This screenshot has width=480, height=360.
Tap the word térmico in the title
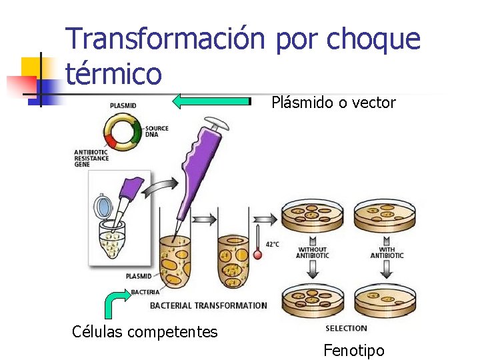click(114, 73)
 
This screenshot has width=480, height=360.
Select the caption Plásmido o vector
click(333, 103)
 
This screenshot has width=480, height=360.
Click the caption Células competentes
click(145, 331)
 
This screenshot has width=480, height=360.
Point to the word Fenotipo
click(354, 350)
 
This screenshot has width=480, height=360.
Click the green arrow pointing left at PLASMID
click(211, 101)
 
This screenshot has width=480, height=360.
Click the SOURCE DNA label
click(157, 131)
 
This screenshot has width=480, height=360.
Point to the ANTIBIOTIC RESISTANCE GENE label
click(91, 159)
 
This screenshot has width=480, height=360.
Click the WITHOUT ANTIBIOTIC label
click(313, 253)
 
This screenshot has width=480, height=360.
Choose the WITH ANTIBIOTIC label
click(387, 253)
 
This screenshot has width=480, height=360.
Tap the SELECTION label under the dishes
click(346, 328)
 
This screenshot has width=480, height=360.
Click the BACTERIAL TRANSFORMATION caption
click(208, 306)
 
